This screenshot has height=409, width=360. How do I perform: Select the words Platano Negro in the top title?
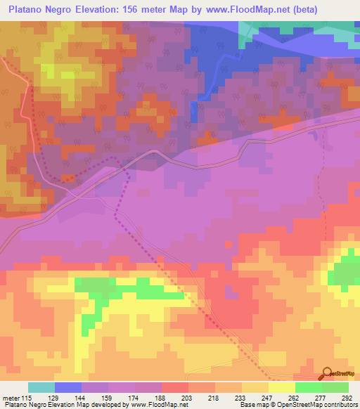point(39,10)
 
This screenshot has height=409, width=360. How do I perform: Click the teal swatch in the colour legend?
point(41,387)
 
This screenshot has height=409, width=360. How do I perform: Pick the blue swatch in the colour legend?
point(68,387)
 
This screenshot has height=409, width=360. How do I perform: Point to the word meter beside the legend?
point(11,398)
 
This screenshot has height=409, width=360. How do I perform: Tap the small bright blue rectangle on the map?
point(193,111)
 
